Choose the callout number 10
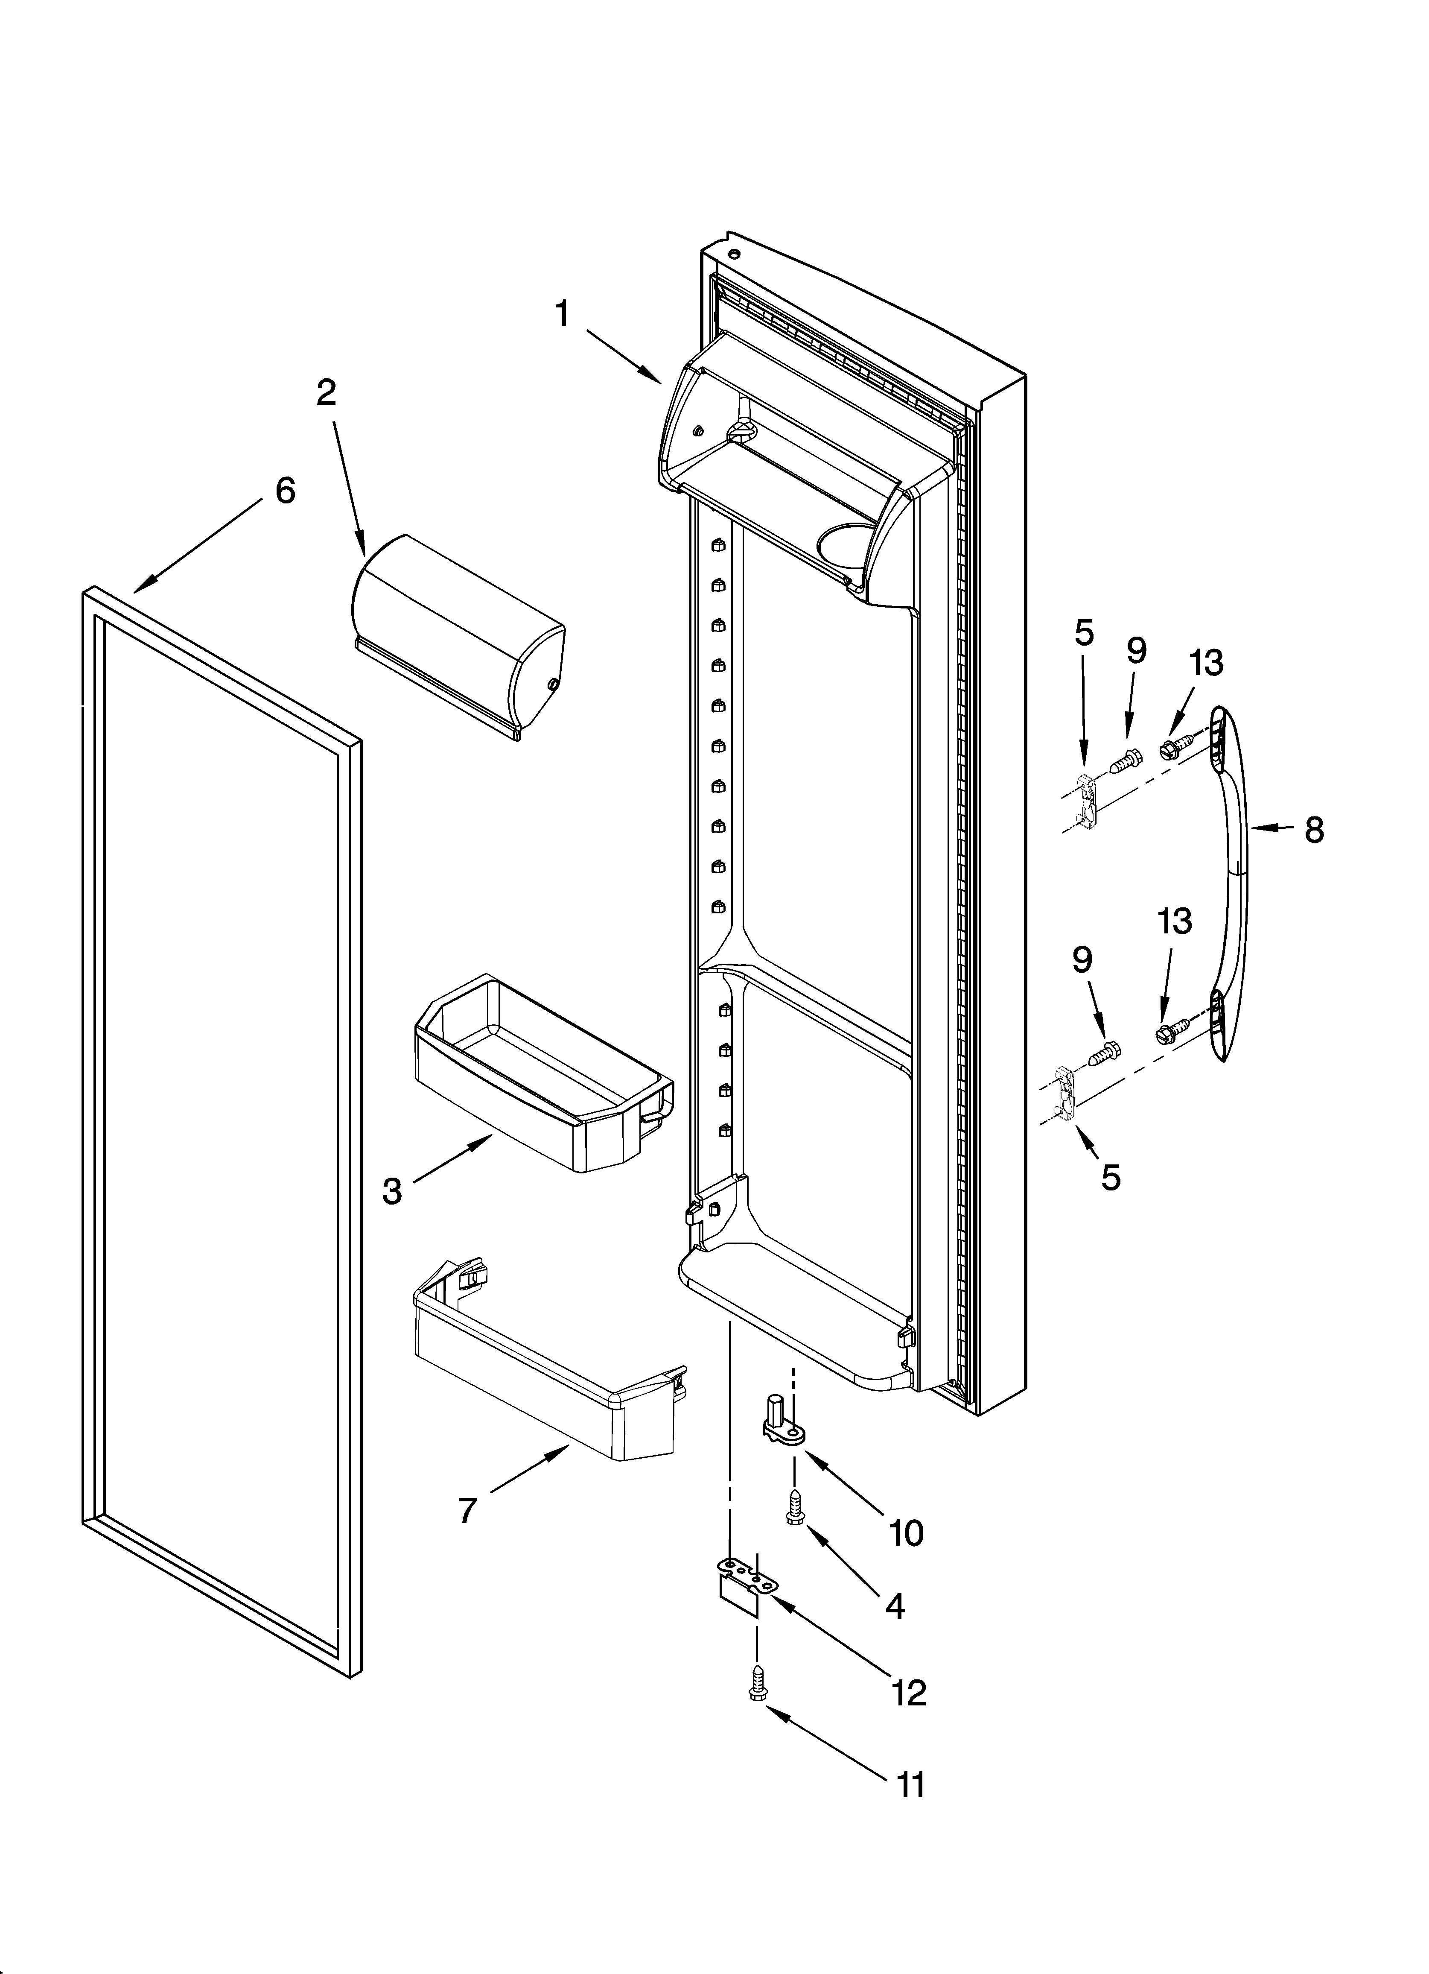coord(906,1534)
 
